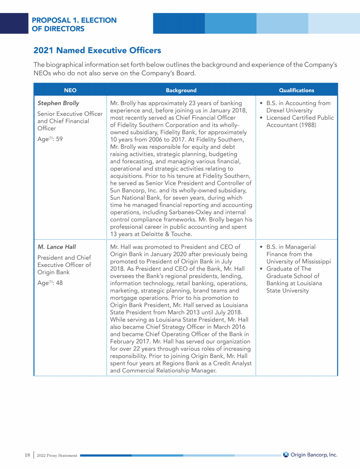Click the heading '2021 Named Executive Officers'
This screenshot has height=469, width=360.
coord(97,50)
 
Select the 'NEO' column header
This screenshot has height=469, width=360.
coord(70,90)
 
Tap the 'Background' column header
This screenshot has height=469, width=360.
coord(181,90)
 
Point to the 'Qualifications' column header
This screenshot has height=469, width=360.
coord(296,90)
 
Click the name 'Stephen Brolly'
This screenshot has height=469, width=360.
coord(58,103)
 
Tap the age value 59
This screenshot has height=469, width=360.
coord(59,139)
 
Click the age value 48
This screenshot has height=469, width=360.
coord(59,282)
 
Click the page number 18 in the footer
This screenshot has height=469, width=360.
coord(27,454)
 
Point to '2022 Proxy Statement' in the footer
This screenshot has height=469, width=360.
coord(56,455)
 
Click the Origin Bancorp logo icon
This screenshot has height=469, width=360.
coord(285,454)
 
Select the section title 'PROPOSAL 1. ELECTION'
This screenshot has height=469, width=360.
coord(74,20)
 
